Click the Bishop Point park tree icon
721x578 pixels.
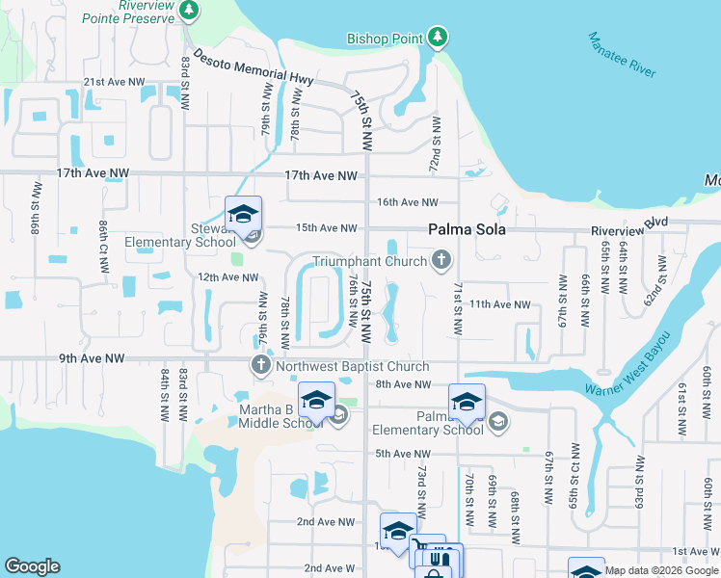point(439,38)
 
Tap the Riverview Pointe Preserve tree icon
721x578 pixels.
point(190,11)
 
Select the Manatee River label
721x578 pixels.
point(622,55)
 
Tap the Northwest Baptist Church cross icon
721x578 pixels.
point(260,365)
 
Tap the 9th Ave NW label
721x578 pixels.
point(95,358)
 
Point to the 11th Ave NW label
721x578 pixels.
point(499,303)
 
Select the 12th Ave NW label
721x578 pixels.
point(228,277)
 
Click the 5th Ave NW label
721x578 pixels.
point(402,454)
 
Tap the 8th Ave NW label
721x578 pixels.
point(402,384)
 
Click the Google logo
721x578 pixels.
point(33,566)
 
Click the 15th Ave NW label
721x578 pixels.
point(326,228)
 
